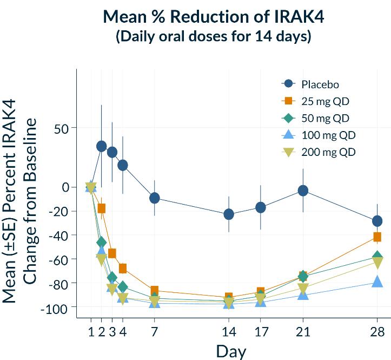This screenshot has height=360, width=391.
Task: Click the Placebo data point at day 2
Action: (x=101, y=146)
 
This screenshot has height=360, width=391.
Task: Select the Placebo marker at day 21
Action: (x=303, y=191)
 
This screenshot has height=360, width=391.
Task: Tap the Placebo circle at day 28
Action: (x=377, y=221)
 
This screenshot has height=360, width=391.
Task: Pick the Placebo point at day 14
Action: (x=229, y=214)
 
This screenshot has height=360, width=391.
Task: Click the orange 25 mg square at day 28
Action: (x=377, y=237)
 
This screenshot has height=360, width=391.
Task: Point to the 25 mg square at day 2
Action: (x=101, y=208)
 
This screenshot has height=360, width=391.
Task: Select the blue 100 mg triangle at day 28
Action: (x=377, y=282)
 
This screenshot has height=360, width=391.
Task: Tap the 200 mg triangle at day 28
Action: (x=377, y=264)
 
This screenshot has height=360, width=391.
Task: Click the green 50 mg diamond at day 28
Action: (x=377, y=257)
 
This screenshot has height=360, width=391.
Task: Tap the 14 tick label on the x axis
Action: (x=229, y=332)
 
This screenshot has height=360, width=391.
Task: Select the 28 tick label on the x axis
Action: (x=377, y=332)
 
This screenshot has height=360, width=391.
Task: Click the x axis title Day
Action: (x=231, y=351)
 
